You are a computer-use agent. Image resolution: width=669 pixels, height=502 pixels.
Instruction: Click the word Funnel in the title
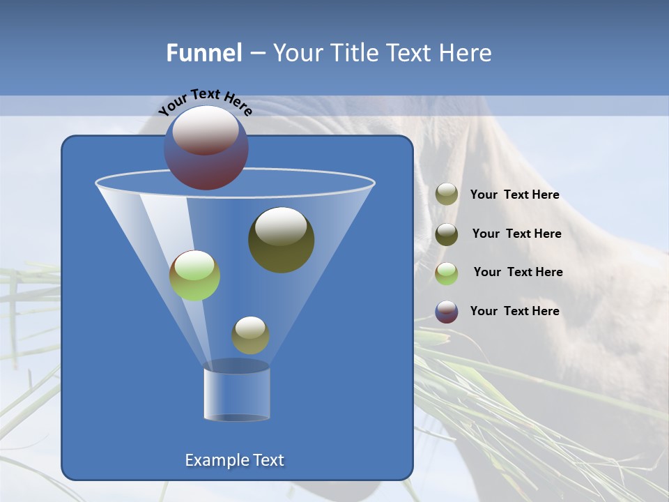204,53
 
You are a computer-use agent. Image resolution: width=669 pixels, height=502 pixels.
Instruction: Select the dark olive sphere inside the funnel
281,240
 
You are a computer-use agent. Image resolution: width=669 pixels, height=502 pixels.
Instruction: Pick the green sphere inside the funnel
194,275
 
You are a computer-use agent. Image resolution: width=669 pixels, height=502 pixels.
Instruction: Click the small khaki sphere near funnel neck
250,335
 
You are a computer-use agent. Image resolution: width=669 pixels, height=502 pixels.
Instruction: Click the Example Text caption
234,460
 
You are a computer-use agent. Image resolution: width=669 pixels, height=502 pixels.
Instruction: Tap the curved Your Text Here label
205,102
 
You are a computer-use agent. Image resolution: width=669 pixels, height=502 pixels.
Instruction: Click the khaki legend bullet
447,195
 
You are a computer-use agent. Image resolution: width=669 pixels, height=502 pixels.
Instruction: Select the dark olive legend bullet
447,234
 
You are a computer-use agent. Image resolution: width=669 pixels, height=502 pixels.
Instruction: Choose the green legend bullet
447,273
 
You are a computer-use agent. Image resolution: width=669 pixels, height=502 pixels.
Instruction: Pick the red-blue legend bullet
447,312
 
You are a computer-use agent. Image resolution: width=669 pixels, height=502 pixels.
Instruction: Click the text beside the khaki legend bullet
514,195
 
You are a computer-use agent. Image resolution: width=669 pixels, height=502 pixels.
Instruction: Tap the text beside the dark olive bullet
516,234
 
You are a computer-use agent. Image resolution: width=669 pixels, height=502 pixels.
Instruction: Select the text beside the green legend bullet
518,273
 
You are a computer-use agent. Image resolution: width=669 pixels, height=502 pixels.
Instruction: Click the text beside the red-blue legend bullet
514,311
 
